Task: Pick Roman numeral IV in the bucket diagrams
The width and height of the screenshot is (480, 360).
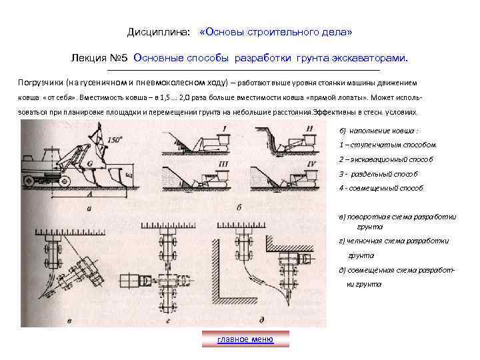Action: tap(309, 162)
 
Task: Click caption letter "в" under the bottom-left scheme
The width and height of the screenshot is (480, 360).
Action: tap(71, 321)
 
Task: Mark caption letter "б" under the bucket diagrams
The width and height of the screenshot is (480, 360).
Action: tap(239, 208)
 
